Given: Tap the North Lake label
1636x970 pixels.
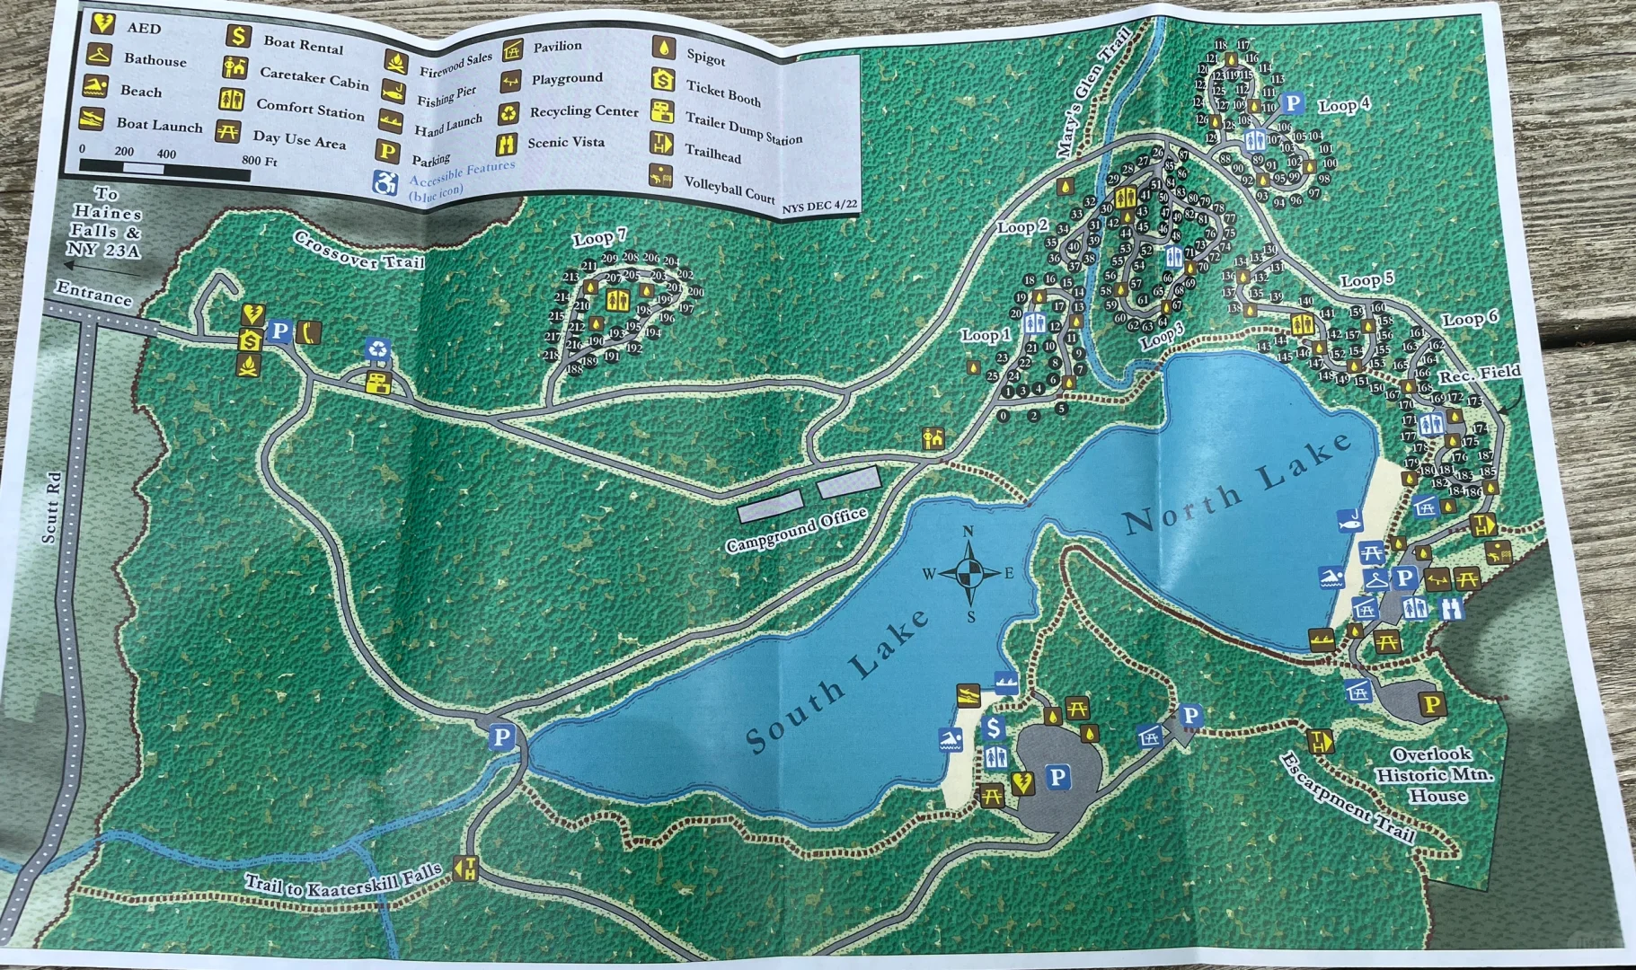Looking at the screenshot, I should point(1238,482).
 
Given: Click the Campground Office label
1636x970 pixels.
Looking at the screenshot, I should point(796,530).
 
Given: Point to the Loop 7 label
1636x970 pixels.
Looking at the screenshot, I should point(599,237).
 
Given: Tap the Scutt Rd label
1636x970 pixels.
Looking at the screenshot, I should point(52,507).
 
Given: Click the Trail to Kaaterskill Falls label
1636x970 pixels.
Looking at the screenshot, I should point(344,879).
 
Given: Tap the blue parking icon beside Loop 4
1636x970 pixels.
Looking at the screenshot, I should point(1292,104).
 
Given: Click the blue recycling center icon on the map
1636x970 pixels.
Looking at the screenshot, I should point(377,349).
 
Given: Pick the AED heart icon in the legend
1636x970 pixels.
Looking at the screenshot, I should point(102,23).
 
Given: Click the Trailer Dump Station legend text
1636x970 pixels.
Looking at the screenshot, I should point(743,128).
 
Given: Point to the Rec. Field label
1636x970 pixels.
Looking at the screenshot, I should point(1479,374).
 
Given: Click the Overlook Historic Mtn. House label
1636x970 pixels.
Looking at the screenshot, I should point(1433,774).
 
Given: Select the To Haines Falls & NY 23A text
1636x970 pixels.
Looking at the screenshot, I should point(104,222).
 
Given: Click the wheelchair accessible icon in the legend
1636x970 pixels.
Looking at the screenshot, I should point(385,183).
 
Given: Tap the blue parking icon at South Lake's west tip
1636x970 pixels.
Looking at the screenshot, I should point(501,738).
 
